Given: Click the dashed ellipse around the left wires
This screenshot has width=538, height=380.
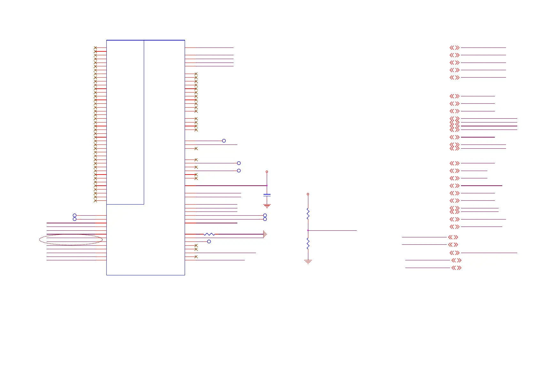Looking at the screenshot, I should tap(71, 240).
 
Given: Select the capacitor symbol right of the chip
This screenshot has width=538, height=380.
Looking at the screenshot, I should tap(267, 194).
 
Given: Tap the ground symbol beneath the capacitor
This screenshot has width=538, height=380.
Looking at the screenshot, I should tap(267, 206).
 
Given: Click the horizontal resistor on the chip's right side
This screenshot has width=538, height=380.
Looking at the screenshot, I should tap(209, 234).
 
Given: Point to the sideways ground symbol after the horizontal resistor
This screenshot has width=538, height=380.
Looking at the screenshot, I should tap(265, 234).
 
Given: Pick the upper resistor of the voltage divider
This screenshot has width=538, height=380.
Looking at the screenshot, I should tap(308, 213).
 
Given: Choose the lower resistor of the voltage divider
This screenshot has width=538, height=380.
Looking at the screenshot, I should tap(308, 243).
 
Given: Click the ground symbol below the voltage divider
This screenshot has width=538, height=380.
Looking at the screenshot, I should tap(308, 262).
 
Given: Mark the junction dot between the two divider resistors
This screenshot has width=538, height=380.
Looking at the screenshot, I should tap(308, 230).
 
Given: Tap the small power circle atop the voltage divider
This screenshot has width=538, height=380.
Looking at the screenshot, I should tap(308, 194).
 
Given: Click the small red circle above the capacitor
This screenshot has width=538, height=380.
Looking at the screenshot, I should tap(267, 172).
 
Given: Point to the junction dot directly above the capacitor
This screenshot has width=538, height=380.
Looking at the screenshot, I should tap(267, 185).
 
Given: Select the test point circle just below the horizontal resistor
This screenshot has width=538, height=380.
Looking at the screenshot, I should tap(209, 242).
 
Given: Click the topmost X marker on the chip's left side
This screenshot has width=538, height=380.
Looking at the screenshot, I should tap(95, 48).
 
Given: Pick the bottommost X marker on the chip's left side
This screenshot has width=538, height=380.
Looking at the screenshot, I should tap(95, 201).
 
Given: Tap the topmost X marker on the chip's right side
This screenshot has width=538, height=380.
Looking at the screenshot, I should tap(196, 74).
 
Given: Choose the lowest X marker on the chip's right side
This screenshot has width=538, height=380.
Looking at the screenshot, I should tap(196, 257).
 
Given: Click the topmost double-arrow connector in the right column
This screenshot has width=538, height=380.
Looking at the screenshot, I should tap(455, 48).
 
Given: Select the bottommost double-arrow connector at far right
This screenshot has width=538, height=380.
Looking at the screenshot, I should tap(456, 268).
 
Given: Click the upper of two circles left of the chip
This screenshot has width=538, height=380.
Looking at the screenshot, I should tap(74, 215).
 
